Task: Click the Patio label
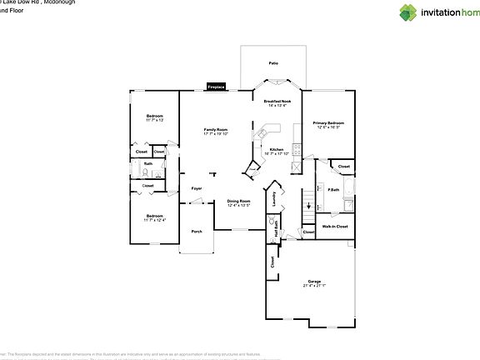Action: pos(272,62)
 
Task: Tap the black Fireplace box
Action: pos(216,87)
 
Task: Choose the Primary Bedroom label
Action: pos(328,125)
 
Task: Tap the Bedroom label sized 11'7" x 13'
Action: pos(155,117)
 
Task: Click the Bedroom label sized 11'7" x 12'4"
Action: pos(155,217)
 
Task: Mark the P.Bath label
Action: pos(333,190)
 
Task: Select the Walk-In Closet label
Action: pos(335,226)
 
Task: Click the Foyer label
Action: pos(197,189)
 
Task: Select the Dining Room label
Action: pos(239,202)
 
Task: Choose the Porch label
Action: pos(197,231)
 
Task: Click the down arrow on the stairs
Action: pos(309,203)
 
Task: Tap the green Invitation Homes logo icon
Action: pos(408,12)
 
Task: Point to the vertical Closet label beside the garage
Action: pos(272,261)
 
